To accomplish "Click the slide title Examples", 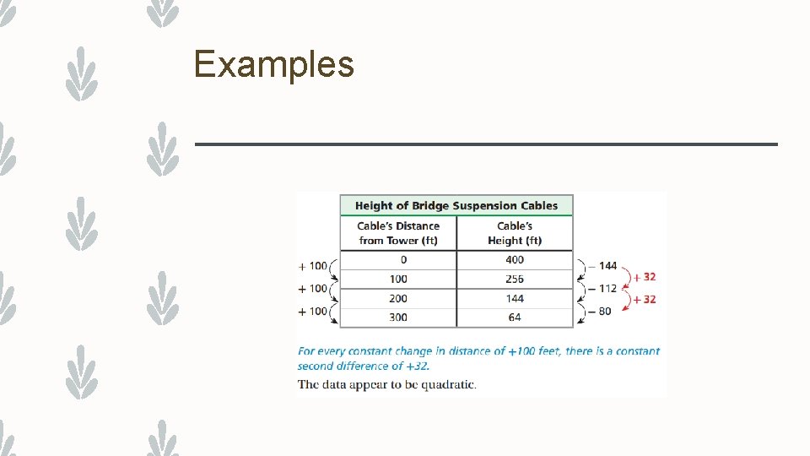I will click(x=273, y=64).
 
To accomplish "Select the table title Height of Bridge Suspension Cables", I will click(x=456, y=205).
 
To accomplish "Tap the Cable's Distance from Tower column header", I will click(x=398, y=233).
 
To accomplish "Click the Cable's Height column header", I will click(x=515, y=233).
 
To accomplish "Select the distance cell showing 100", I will click(x=398, y=279).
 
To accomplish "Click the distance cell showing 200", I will click(x=398, y=298).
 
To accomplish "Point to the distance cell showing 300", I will click(x=398, y=318).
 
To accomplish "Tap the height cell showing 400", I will click(x=515, y=260).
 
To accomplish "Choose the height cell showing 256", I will click(x=515, y=279).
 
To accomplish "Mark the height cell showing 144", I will click(x=515, y=298).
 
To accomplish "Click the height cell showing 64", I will click(x=515, y=318).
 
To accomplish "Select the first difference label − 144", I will click(x=602, y=266).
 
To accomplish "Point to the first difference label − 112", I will click(x=602, y=289).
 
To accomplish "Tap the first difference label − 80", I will click(x=600, y=312).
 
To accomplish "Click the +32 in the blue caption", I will click(x=416, y=366).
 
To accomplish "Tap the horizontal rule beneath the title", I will click(x=486, y=144).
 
